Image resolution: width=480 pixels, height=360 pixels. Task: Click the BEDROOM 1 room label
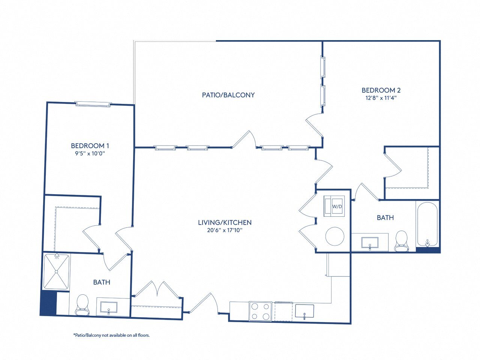[90, 145]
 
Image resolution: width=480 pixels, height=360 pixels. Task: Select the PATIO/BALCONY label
[228, 95]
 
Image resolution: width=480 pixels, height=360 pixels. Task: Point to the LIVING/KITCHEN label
[225, 222]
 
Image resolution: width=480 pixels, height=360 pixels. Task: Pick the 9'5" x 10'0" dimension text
[90, 153]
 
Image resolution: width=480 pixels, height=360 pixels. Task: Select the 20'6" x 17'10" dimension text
[225, 230]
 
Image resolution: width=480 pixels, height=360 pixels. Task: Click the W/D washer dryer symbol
[335, 206]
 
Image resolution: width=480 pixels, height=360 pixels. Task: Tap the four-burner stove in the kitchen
[260, 311]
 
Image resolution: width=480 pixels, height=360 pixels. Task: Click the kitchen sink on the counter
[304, 311]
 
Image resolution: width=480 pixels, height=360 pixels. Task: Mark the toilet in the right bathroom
[402, 241]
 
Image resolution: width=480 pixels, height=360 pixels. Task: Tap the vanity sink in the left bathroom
[109, 308]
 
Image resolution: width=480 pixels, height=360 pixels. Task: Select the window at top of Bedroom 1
[93, 104]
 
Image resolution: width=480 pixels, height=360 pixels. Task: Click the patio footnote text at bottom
[111, 335]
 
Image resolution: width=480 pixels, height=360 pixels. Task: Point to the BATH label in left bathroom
[102, 282]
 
